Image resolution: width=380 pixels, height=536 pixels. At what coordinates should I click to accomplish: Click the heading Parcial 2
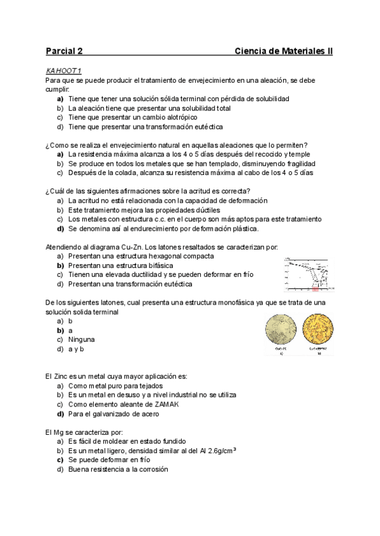point(64,51)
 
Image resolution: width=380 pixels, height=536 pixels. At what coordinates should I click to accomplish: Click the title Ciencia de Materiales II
point(283,51)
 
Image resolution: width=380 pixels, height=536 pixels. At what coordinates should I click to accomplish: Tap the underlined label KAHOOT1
point(64,71)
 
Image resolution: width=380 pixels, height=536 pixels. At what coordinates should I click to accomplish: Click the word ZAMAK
point(155,405)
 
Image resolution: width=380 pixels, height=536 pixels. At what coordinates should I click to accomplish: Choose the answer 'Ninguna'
point(84,339)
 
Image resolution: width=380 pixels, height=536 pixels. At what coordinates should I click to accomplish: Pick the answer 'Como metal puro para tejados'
point(115,386)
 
